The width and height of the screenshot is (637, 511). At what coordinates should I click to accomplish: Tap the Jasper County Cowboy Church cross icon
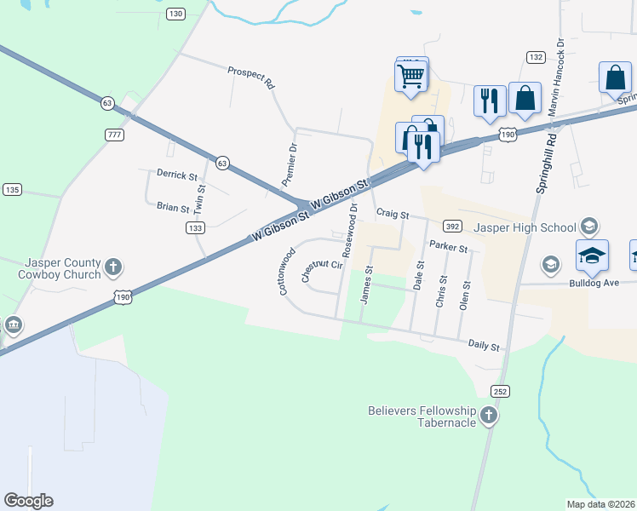click(x=112, y=269)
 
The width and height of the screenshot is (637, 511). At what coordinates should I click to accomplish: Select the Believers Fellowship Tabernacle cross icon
click(x=488, y=416)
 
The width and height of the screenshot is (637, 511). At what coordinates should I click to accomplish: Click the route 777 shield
click(x=114, y=135)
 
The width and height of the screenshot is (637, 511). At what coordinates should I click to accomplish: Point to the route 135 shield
click(x=12, y=189)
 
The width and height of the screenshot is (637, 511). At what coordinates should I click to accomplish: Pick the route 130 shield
click(x=175, y=14)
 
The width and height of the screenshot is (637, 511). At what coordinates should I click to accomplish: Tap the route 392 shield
click(x=452, y=227)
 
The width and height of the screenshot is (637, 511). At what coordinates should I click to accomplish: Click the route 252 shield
click(x=499, y=390)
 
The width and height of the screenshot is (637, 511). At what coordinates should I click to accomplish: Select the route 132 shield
click(x=536, y=57)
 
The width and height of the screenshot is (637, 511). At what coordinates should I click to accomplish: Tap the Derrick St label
click(x=176, y=175)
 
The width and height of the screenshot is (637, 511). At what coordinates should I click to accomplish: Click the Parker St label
click(x=449, y=247)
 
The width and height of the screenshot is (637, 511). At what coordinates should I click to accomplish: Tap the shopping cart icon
click(x=411, y=75)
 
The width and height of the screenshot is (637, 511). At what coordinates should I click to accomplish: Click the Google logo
click(x=28, y=501)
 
